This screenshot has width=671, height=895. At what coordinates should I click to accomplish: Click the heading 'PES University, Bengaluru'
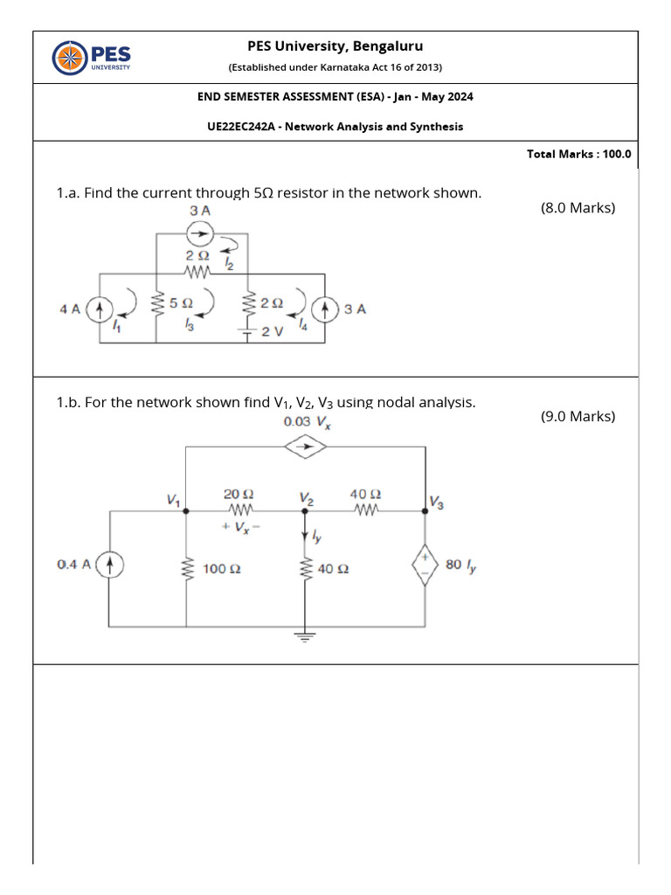pos(335,46)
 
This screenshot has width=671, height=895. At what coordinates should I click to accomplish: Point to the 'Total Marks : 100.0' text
pos(578,154)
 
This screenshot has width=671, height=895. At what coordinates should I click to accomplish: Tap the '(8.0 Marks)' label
pos(578,208)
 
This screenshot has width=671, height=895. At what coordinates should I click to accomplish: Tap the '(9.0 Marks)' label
pos(578,416)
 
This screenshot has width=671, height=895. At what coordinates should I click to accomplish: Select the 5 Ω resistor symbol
pos(158,306)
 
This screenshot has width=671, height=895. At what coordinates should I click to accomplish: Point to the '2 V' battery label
pos(273,331)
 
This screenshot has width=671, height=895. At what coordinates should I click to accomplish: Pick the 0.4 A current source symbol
pos(109,565)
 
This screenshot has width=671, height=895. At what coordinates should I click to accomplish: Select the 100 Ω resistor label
pos(222,569)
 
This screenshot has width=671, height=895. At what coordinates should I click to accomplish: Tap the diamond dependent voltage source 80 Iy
pos(425,566)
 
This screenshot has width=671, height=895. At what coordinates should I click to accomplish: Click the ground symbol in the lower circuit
pos(305,637)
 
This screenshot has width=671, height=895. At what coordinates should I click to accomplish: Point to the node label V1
pos(173,500)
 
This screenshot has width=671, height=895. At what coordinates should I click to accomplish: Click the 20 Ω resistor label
pos(239,494)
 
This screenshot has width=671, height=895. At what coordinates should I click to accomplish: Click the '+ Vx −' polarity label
pos(242,527)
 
